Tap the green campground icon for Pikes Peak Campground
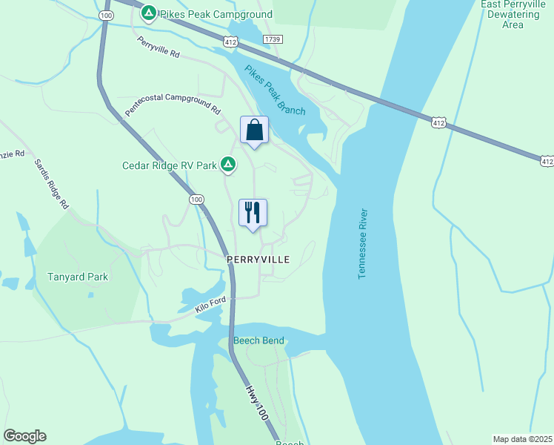click(149, 13)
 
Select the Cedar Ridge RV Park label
click(170, 165)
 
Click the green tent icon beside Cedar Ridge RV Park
click(229, 164)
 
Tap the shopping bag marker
click(254, 131)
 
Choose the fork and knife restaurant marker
click(253, 213)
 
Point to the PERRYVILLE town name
click(258, 260)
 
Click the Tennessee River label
click(363, 243)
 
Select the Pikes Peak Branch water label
click(275, 90)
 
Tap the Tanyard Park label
click(78, 277)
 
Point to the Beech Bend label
click(258, 341)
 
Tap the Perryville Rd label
click(158, 48)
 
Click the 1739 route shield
click(273, 39)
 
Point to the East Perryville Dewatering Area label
click(513, 14)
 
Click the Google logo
click(24, 436)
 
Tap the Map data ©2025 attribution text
click(522, 438)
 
